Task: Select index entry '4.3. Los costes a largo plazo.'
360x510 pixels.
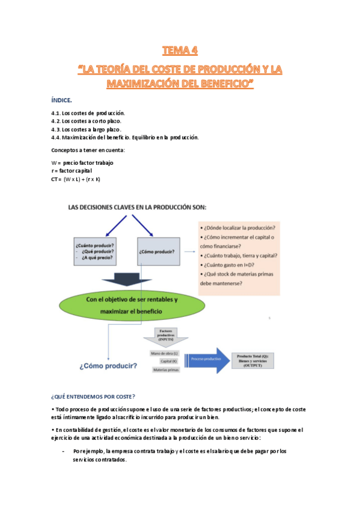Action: click(x=87, y=129)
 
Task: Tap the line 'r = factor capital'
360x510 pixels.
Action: click(x=72, y=171)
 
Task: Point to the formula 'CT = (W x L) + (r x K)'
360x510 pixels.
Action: click(x=76, y=179)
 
